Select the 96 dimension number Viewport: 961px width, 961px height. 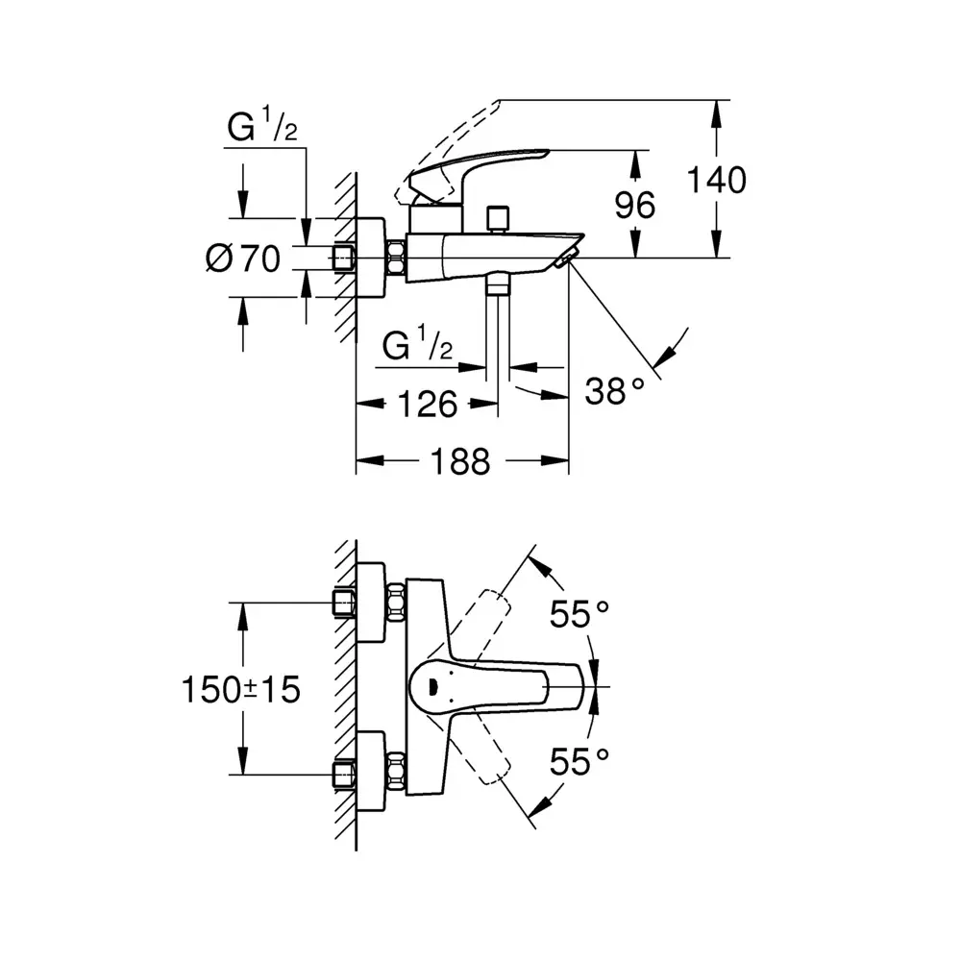(634, 205)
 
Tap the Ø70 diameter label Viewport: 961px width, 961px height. (242, 258)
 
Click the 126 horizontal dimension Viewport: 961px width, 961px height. (427, 405)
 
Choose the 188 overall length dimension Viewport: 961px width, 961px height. (459, 461)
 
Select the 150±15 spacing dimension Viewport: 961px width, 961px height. (241, 688)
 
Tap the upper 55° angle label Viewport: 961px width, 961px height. (580, 613)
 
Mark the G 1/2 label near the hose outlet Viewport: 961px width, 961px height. (417, 345)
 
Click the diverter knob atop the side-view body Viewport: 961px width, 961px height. (497, 218)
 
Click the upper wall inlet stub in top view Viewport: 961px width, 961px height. (343, 603)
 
